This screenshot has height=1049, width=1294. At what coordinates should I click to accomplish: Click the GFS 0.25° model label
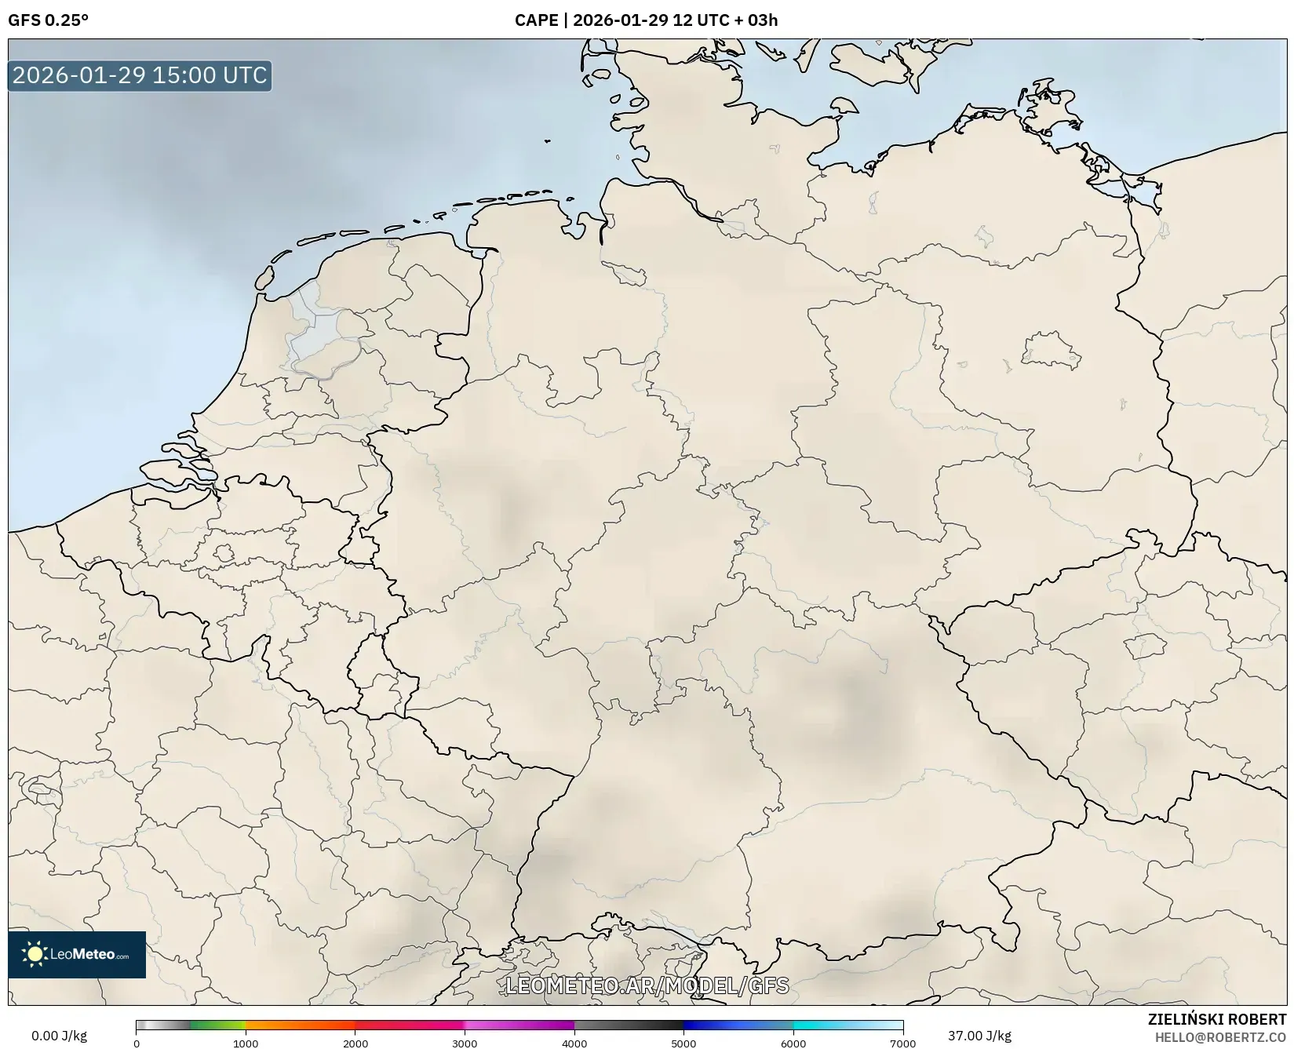(x=48, y=20)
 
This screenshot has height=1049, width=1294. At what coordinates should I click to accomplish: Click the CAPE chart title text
(x=646, y=20)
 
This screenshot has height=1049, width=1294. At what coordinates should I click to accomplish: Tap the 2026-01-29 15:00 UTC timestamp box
(x=140, y=75)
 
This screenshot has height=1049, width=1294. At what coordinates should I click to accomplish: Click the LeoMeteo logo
(x=77, y=954)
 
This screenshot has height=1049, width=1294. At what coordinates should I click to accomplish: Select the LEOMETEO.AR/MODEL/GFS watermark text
(x=647, y=985)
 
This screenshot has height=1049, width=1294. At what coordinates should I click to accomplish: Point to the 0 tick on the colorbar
(x=137, y=1044)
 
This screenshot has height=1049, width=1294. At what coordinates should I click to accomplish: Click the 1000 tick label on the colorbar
(x=246, y=1044)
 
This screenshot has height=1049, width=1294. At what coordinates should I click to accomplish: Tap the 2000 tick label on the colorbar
(x=355, y=1044)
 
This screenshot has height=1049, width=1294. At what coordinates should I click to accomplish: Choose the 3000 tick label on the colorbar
(x=465, y=1044)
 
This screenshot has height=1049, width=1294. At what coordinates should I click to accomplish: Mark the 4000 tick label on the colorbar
(x=574, y=1044)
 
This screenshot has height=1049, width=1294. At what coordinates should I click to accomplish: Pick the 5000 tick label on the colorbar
(x=683, y=1044)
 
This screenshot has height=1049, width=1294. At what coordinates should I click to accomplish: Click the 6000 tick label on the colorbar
(x=793, y=1044)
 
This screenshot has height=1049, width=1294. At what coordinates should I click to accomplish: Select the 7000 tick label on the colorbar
(x=902, y=1044)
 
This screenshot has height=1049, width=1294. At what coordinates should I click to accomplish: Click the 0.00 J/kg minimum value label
(x=60, y=1036)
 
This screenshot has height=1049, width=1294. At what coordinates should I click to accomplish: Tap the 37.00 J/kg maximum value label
(x=979, y=1036)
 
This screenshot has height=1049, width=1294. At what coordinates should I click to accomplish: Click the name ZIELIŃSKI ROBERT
(x=1216, y=1020)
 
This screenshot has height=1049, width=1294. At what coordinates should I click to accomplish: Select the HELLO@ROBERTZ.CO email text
(x=1220, y=1037)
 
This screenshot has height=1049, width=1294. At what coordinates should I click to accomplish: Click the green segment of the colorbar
(x=216, y=1025)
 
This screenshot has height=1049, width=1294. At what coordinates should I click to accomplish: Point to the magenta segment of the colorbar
(x=518, y=1025)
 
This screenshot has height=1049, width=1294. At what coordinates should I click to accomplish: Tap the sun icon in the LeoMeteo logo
(x=35, y=954)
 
